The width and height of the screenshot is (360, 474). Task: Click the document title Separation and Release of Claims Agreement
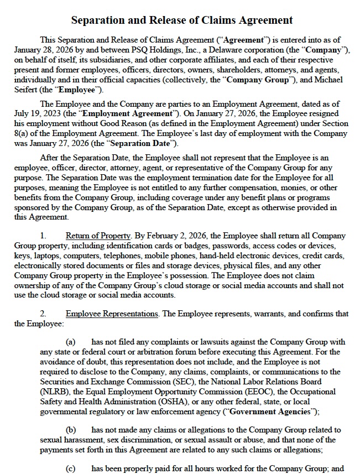pyautogui.click(x=182, y=20)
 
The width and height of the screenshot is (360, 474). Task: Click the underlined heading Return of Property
pyautogui.click(x=98, y=236)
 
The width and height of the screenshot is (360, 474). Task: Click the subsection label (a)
pyautogui.click(x=71, y=342)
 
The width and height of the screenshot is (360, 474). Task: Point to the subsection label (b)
pyautogui.click(x=71, y=430)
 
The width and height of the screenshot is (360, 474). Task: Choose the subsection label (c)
pyautogui.click(x=71, y=469)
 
